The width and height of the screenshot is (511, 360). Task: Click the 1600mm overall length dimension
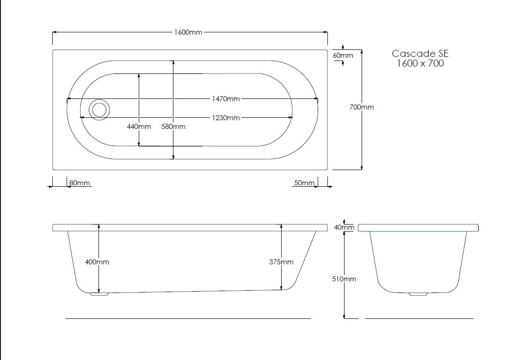(x=188, y=32)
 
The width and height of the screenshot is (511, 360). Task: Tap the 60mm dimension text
(x=343, y=55)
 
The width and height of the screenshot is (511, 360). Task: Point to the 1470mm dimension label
(x=226, y=98)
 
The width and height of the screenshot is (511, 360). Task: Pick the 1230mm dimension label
(x=226, y=118)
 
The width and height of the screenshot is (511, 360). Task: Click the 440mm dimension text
(x=139, y=127)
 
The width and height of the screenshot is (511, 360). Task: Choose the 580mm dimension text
(x=173, y=127)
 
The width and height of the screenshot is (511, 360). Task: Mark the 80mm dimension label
(x=79, y=183)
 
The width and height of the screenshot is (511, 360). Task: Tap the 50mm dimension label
(x=304, y=183)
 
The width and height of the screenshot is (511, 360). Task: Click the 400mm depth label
(x=97, y=262)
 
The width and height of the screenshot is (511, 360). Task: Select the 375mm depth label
(x=281, y=262)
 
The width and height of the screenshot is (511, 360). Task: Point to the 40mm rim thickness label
(x=344, y=227)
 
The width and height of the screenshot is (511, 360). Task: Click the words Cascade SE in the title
(x=420, y=54)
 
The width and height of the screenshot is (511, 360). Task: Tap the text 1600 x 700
(x=420, y=64)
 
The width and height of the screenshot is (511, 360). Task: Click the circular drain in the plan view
(x=99, y=110)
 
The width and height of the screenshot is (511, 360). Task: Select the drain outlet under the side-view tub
(x=99, y=293)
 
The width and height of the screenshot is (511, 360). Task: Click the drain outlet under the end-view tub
(x=419, y=294)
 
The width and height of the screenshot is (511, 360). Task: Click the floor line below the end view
(x=419, y=318)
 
